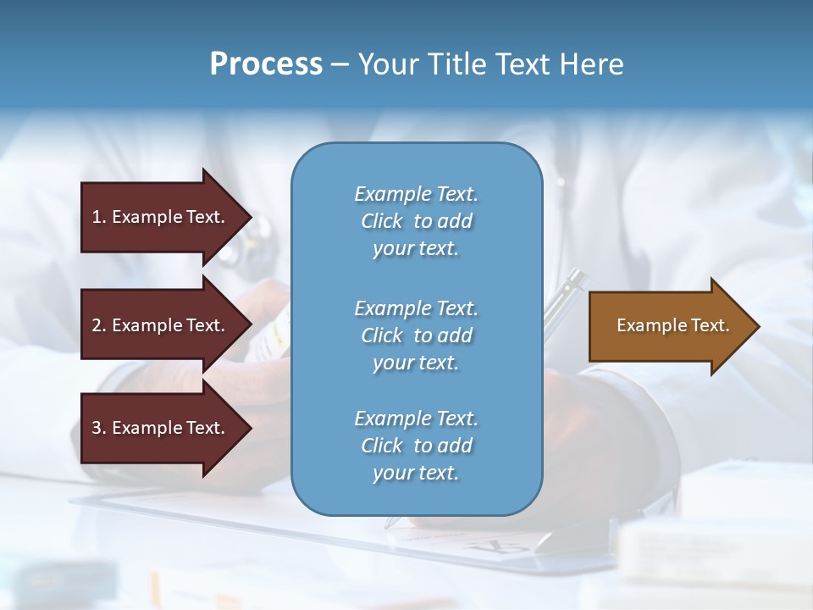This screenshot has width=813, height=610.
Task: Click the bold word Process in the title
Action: (x=266, y=64)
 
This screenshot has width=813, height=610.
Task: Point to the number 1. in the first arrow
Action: (x=99, y=217)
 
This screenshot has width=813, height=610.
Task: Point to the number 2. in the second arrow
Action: (x=99, y=325)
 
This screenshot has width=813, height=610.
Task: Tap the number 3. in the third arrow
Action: (x=99, y=428)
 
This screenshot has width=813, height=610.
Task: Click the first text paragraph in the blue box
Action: (x=416, y=221)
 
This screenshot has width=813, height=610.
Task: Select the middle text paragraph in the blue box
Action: (x=416, y=335)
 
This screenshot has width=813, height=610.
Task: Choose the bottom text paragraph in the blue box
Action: (x=416, y=446)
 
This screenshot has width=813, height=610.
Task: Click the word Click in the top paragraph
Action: (x=382, y=221)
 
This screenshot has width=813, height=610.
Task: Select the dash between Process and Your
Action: (x=340, y=64)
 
